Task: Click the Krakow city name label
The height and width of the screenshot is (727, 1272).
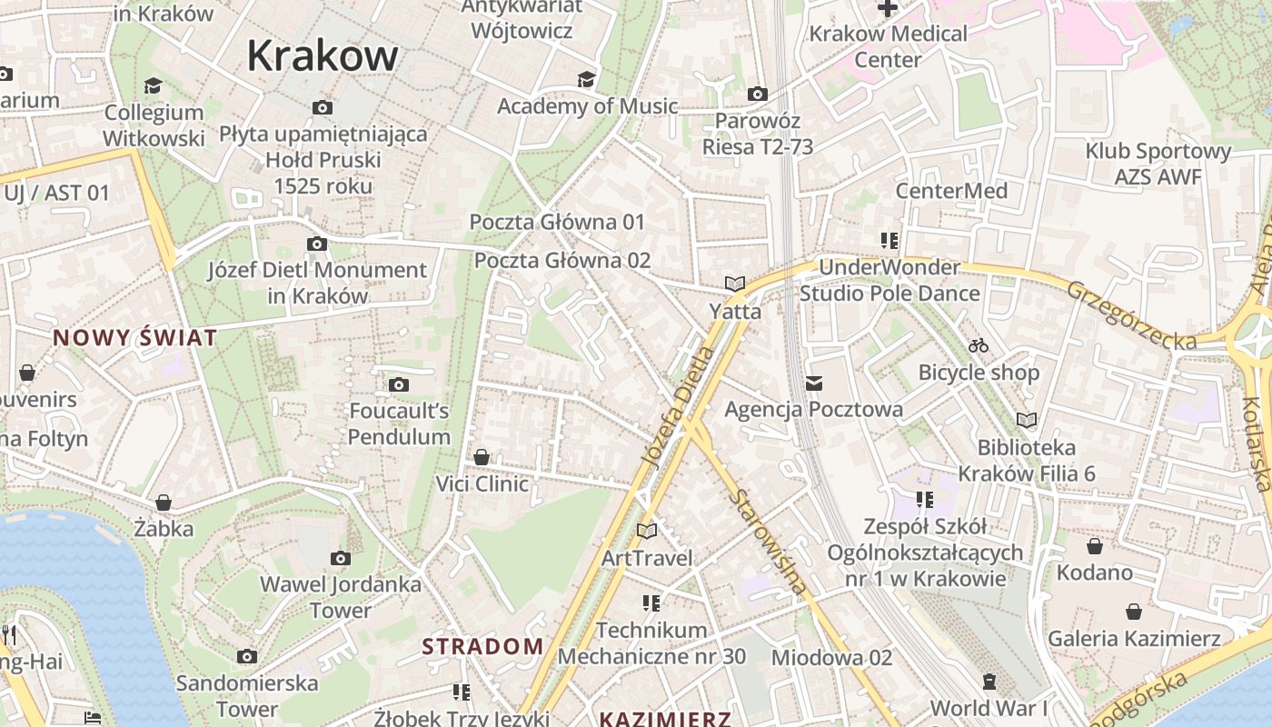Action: coord(323,56)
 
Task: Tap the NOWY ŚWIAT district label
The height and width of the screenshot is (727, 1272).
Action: coord(134,338)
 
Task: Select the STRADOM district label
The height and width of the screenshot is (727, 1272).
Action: coord(482,647)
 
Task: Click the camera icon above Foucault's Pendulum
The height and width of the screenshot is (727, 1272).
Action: coord(398,385)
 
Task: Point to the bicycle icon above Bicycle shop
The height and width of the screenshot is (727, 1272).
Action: coord(979,345)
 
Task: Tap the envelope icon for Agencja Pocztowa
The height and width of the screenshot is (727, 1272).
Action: coord(813,383)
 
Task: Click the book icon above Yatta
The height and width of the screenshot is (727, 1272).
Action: coord(735,284)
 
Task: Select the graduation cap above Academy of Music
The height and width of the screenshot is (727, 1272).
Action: coord(587,79)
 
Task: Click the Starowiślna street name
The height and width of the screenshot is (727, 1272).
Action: coord(769,543)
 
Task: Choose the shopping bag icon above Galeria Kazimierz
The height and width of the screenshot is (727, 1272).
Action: coord(1133,612)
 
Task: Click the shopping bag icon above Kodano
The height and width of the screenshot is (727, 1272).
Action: coord(1095,546)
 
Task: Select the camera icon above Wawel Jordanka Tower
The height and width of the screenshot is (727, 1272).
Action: coord(341,558)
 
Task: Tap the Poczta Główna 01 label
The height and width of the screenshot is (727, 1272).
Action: coord(557,222)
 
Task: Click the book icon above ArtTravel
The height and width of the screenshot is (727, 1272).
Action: coord(646,531)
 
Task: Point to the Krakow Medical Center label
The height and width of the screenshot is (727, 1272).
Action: coord(889,47)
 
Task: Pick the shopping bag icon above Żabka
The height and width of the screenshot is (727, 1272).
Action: coord(164,503)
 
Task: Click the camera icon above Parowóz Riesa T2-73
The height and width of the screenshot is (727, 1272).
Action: coord(757,94)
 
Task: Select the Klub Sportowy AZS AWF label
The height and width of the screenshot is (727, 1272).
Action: coord(1158,164)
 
